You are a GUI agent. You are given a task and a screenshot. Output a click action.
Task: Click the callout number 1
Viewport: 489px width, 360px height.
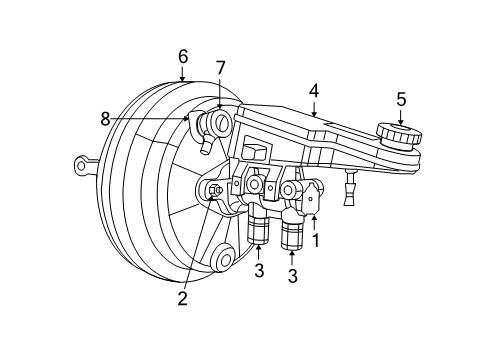[317, 241]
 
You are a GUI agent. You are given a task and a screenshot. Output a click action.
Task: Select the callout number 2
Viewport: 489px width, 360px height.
[182, 297]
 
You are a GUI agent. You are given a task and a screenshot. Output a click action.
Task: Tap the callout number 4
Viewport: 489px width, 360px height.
[314, 90]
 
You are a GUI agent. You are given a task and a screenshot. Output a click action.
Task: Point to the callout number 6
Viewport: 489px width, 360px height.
[182, 57]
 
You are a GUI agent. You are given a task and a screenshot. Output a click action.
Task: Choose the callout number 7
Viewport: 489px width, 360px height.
[220, 68]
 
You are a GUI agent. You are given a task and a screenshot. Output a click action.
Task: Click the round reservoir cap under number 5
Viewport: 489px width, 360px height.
[397, 134]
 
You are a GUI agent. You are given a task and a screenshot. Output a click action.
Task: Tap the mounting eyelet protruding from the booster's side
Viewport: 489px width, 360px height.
[83, 164]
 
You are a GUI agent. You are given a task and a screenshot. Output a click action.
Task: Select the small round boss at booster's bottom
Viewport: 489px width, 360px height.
[223, 262]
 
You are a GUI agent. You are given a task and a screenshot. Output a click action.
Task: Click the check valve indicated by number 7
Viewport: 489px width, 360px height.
[215, 123]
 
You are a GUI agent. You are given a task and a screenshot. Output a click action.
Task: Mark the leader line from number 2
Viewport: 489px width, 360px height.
[198, 245]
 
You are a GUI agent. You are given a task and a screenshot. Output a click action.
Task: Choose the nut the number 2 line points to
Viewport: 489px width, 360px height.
[213, 192]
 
